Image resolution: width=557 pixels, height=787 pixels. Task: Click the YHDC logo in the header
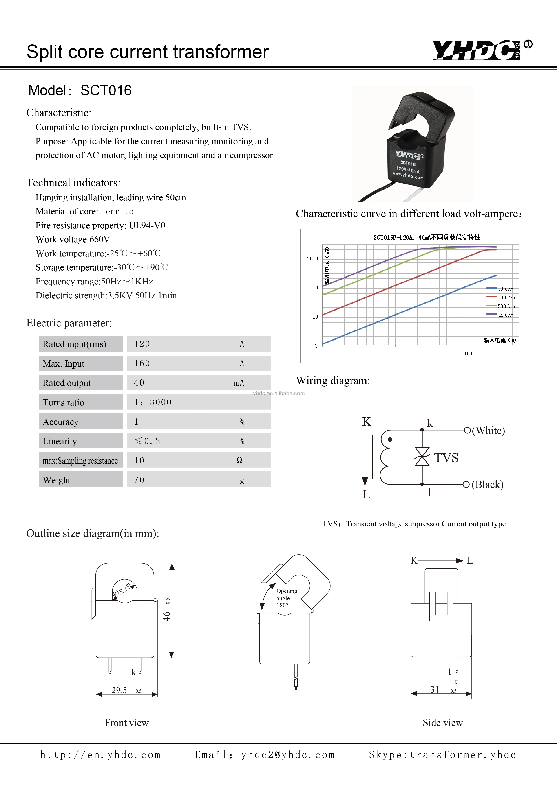click(x=477, y=50)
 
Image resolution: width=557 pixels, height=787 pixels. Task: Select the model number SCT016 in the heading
click(x=106, y=90)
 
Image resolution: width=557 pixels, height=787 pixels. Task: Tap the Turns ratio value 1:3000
click(x=153, y=402)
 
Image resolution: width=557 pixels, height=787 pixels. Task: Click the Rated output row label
click(x=67, y=383)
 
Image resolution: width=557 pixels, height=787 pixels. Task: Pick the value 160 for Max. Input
click(x=142, y=363)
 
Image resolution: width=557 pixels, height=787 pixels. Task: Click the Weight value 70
click(x=139, y=480)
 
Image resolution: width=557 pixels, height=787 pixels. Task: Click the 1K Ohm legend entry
click(x=505, y=315)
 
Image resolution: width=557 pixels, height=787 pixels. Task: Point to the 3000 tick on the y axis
click(x=312, y=258)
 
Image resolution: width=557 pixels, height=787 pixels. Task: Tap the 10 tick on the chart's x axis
click(x=395, y=353)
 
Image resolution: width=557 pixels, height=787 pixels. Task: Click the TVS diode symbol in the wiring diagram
click(x=422, y=457)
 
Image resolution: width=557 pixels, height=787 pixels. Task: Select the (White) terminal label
click(x=488, y=431)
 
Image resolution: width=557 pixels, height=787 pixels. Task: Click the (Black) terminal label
click(x=487, y=484)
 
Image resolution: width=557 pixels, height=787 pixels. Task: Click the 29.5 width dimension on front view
click(x=119, y=690)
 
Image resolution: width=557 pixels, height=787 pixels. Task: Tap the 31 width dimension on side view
click(x=435, y=689)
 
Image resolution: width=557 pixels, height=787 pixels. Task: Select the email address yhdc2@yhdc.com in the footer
click(x=287, y=755)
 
